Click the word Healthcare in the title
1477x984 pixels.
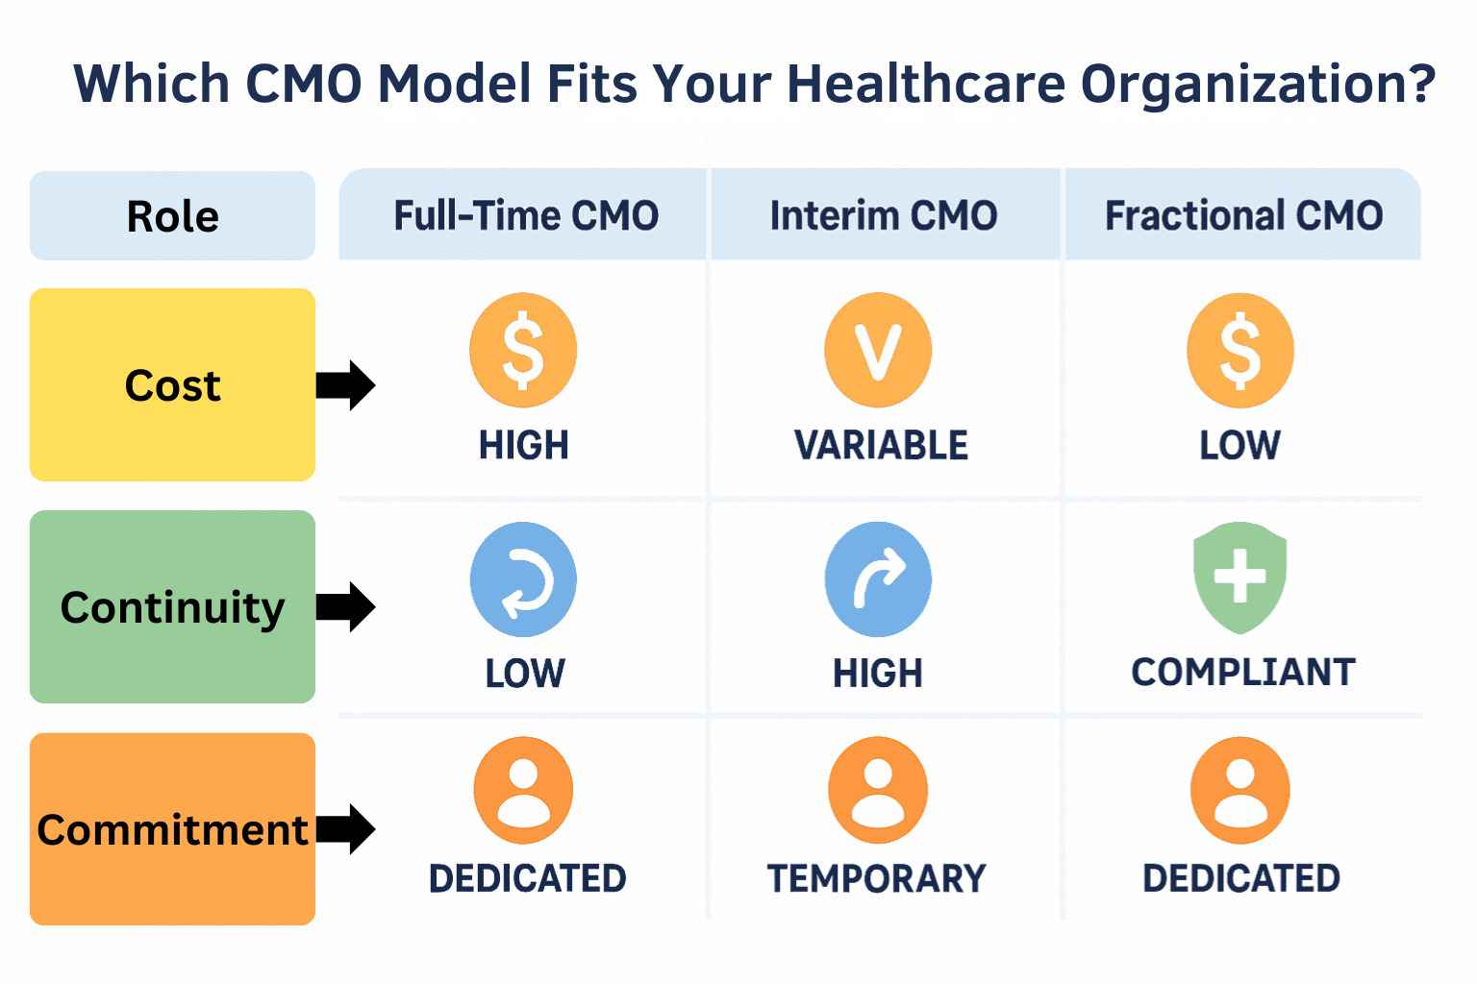[926, 84]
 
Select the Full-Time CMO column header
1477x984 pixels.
[526, 215]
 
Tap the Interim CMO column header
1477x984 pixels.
[884, 215]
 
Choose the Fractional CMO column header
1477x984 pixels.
[1243, 215]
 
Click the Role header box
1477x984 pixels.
[172, 215]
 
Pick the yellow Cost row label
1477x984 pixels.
[172, 384]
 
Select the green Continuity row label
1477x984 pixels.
[172, 606]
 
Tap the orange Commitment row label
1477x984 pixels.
[172, 829]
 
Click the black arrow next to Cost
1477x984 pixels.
[345, 385]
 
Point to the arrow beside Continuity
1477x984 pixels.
[345, 607]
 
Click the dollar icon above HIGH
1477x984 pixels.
[523, 350]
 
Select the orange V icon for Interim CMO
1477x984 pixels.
[878, 350]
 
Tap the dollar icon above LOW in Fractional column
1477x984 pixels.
[1240, 350]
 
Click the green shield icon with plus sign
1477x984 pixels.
[1240, 578]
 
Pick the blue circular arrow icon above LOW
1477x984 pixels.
[523, 579]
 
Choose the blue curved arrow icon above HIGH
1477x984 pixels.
[878, 579]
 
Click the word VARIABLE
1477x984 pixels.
[881, 445]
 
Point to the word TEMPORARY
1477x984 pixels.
[876, 878]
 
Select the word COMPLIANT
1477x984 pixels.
[1243, 673]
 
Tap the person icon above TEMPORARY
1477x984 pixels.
[878, 790]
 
